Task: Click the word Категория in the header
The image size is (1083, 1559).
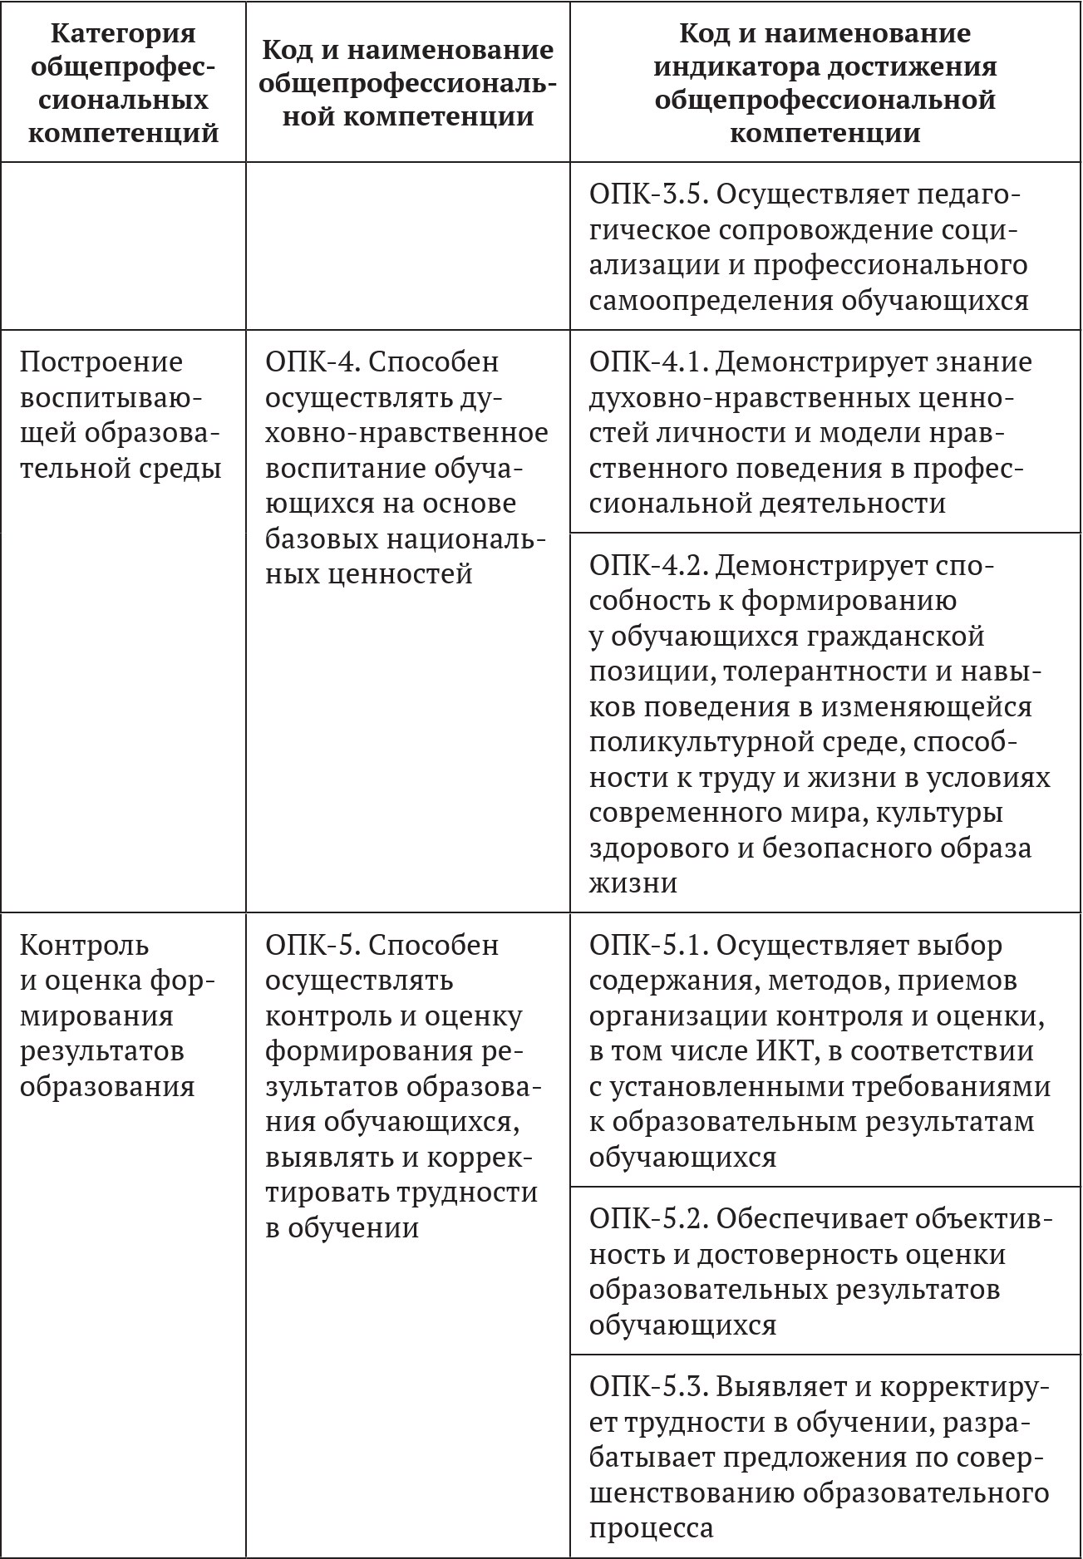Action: (123, 33)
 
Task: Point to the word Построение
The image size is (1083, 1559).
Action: (101, 362)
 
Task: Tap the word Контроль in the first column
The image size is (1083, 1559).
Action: (84, 946)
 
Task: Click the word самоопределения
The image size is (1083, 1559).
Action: (710, 301)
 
